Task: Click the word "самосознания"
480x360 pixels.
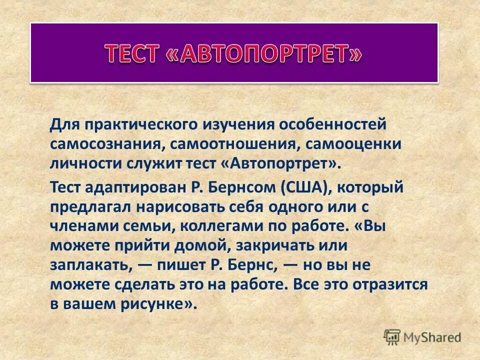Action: pos(105,144)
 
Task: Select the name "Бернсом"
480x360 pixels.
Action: pos(242,187)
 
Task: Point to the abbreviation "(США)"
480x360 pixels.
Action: pos(303,187)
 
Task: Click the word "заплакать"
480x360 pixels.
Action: pos(90,265)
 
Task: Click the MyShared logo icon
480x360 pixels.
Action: pos(392,336)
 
